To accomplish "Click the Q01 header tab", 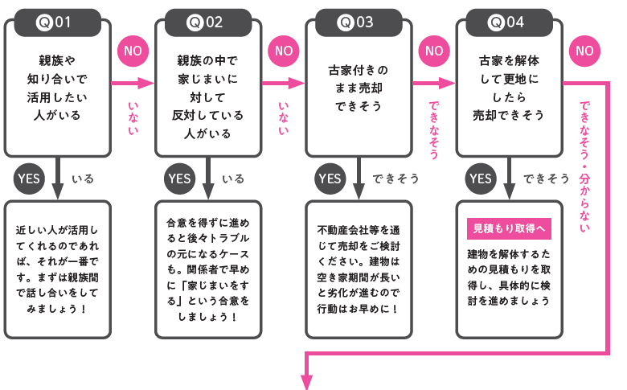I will pos(55,23).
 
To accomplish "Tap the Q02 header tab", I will pos(206,23).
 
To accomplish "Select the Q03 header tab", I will pos(356,23).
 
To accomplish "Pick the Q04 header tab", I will pos(506,23).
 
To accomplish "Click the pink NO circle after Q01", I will pos(133,51).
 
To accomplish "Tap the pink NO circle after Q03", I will pos(434,51).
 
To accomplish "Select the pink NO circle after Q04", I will pos(584,51).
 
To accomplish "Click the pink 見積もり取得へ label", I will pos(509,228).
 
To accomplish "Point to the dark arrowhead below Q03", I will pos(357,193).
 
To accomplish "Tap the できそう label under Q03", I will pos(395,179).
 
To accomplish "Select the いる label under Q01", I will pos(83,179).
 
